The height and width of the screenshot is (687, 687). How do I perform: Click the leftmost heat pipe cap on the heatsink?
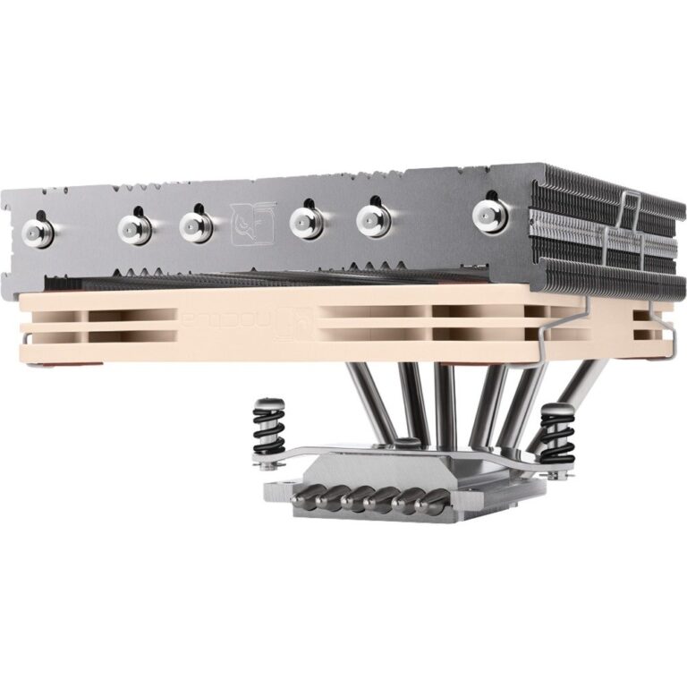[x=38, y=232]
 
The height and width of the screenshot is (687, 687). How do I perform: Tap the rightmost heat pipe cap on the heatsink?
[x=489, y=214]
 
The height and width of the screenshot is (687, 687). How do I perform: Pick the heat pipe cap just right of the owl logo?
[x=307, y=220]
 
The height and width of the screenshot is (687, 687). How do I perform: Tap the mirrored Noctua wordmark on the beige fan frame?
[x=215, y=318]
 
